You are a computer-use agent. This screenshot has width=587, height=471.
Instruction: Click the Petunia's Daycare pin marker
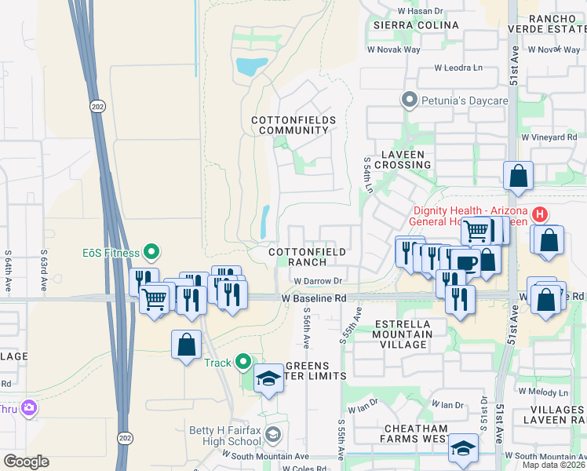pos(408,100)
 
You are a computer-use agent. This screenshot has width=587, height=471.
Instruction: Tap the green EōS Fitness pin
pos(152,253)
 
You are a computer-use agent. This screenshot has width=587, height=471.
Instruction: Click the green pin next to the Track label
pos(243,363)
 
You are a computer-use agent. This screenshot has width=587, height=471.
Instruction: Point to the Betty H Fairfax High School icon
pos(273,435)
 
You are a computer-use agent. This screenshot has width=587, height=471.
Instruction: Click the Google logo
pos(26,461)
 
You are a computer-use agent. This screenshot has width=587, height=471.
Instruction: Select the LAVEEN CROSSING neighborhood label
pos(402,159)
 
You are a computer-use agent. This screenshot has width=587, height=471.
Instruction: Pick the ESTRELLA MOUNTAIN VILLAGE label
pos(403,334)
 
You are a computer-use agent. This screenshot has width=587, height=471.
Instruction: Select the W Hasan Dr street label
pos(421,11)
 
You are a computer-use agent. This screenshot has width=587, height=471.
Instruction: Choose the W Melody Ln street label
pos(542,392)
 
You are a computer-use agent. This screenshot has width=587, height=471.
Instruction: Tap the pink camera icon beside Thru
pos(29,407)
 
